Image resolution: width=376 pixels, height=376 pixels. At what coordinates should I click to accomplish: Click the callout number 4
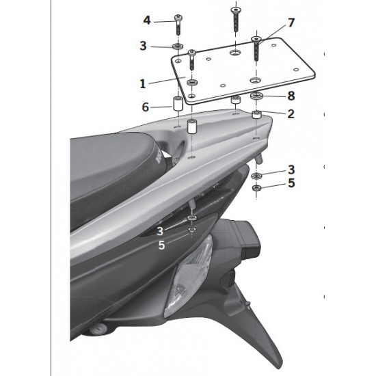pyautogui.click(x=147, y=21)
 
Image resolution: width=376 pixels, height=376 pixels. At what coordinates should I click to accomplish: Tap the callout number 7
pyautogui.click(x=291, y=23)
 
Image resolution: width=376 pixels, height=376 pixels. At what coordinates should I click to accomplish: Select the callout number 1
pyautogui.click(x=143, y=83)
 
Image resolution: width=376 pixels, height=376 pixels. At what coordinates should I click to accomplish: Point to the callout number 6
pyautogui.click(x=146, y=107)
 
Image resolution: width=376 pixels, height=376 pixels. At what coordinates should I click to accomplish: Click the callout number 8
pyautogui.click(x=291, y=96)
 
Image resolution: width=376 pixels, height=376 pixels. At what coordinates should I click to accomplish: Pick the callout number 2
pyautogui.click(x=291, y=113)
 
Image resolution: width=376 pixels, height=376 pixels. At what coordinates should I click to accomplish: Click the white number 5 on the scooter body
pyautogui.click(x=161, y=245)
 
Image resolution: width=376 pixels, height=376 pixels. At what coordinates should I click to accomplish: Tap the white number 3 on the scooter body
pyautogui.click(x=160, y=231)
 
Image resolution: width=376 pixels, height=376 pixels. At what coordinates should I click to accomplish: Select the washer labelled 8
pyautogui.click(x=256, y=96)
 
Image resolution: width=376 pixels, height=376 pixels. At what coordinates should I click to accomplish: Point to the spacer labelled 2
pyautogui.click(x=256, y=114)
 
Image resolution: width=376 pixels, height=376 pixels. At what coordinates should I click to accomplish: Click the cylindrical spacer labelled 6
pyautogui.click(x=178, y=103)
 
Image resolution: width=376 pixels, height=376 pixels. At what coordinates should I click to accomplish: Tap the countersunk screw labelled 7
pyautogui.click(x=256, y=49)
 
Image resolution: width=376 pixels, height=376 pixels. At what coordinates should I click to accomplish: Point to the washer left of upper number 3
pyautogui.click(x=178, y=46)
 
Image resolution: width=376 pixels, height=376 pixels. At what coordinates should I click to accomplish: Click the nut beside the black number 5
pyautogui.click(x=257, y=187)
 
